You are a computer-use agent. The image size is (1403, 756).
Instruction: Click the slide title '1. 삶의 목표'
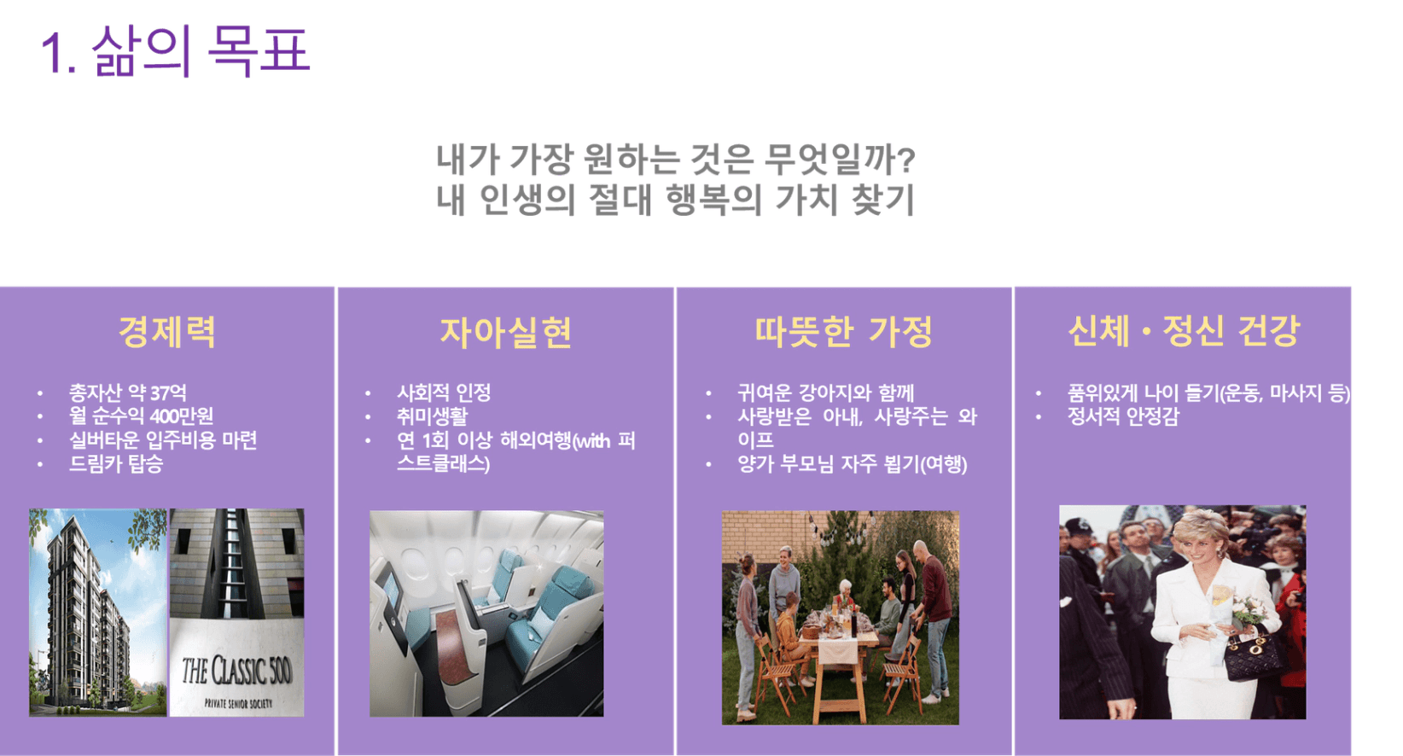(x=175, y=51)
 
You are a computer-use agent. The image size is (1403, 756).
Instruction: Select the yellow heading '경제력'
(x=167, y=331)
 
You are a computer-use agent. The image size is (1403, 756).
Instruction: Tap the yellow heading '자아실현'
(x=505, y=332)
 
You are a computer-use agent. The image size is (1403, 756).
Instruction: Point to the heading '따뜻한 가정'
(x=844, y=331)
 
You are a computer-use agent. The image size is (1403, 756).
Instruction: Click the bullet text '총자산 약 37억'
(x=128, y=393)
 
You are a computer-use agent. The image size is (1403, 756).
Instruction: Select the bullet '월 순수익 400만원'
(x=141, y=416)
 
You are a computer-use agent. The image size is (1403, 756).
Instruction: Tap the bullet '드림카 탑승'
(x=116, y=463)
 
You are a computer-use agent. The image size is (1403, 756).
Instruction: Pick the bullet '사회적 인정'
(x=444, y=393)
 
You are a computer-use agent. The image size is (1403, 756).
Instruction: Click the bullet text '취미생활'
(x=432, y=416)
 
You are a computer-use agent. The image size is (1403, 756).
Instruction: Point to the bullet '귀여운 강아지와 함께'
(x=825, y=393)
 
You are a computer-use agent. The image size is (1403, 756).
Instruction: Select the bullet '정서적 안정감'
(x=1123, y=416)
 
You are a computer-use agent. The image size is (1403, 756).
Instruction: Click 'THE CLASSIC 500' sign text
(x=236, y=671)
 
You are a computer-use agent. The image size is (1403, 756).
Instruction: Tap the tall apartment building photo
(x=98, y=612)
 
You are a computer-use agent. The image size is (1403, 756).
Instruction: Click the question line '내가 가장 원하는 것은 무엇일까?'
(x=676, y=159)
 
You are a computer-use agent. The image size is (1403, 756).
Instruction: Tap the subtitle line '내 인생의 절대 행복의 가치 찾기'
(x=676, y=200)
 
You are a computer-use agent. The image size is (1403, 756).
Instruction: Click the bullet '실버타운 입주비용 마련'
(x=163, y=439)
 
